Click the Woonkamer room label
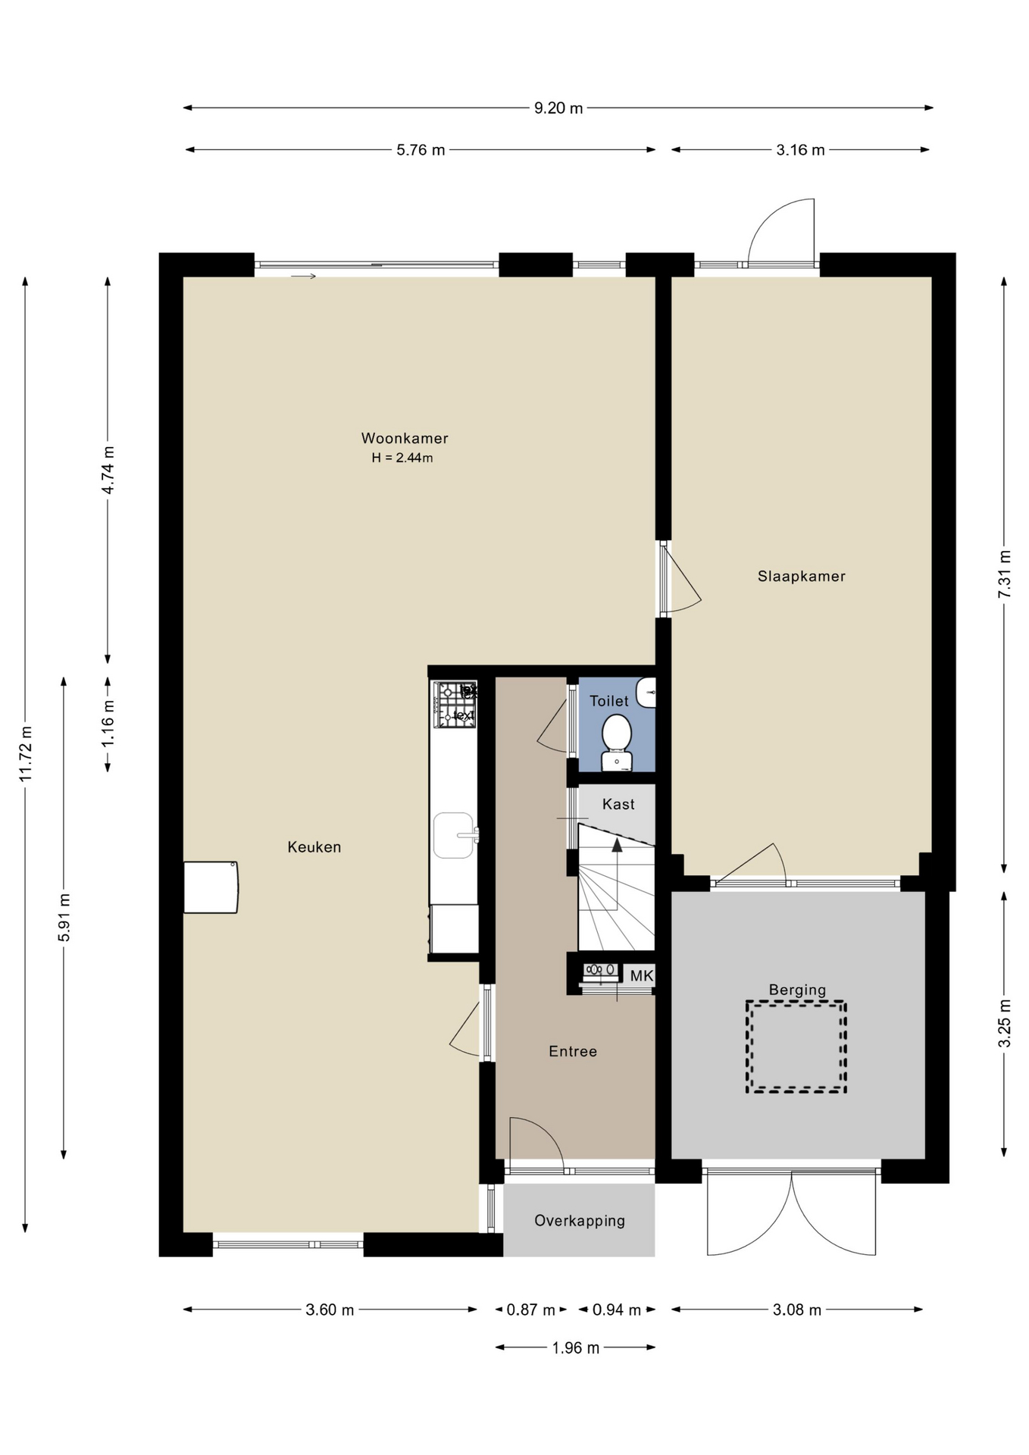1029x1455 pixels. [x=405, y=438]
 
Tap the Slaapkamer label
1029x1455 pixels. [x=801, y=576]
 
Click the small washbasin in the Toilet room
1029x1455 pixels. [x=646, y=692]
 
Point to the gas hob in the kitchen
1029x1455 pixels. [x=455, y=705]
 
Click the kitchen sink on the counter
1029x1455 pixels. [x=455, y=835]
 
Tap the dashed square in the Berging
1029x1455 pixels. [x=796, y=1047]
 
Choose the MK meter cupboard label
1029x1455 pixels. [x=641, y=976]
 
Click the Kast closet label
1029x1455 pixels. [x=618, y=804]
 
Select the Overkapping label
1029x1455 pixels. [x=580, y=1221]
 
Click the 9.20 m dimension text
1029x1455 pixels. [x=558, y=108]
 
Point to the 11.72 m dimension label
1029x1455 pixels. [x=27, y=754]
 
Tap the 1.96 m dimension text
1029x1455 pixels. [x=576, y=1348]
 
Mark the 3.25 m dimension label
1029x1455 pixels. [x=1005, y=1023]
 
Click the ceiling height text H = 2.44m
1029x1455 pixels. [x=402, y=458]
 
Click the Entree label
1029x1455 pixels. [x=573, y=1051]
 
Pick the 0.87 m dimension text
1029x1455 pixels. [x=531, y=1310]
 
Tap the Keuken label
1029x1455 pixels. [x=314, y=847]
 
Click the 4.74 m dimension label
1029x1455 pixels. [x=108, y=470]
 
